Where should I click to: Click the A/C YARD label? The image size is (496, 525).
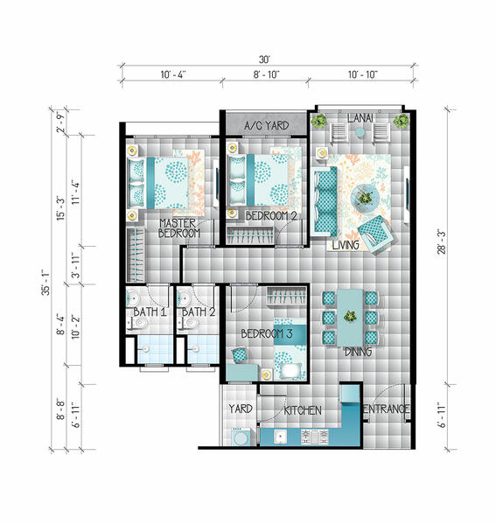coord(267,125)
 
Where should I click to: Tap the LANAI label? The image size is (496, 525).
coord(360,118)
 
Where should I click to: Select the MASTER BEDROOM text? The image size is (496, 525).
coord(179,228)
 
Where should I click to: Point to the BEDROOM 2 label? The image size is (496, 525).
coord(271,216)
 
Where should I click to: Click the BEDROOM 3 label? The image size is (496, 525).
coord(267,333)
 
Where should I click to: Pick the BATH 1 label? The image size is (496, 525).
coord(150,312)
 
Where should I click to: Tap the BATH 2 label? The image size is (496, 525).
coord(199,312)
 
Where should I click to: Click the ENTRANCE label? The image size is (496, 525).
coord(387,409)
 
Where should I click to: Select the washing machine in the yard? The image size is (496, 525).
coord(241,437)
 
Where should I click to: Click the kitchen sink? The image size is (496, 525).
coord(280,437)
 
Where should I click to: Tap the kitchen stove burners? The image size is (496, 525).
coord(315,437)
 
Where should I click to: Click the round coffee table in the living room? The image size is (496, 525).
coord(365,197)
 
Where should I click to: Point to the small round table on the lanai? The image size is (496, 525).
coord(360,133)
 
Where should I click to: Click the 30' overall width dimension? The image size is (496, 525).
coord(264,59)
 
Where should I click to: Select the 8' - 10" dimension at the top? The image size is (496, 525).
coord(266,74)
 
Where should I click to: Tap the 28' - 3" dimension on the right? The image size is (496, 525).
coord(442,241)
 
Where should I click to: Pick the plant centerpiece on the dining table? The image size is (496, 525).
coord(350,316)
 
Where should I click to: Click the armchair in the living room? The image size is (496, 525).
coord(375,234)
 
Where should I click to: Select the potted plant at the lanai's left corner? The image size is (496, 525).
coord(319,121)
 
